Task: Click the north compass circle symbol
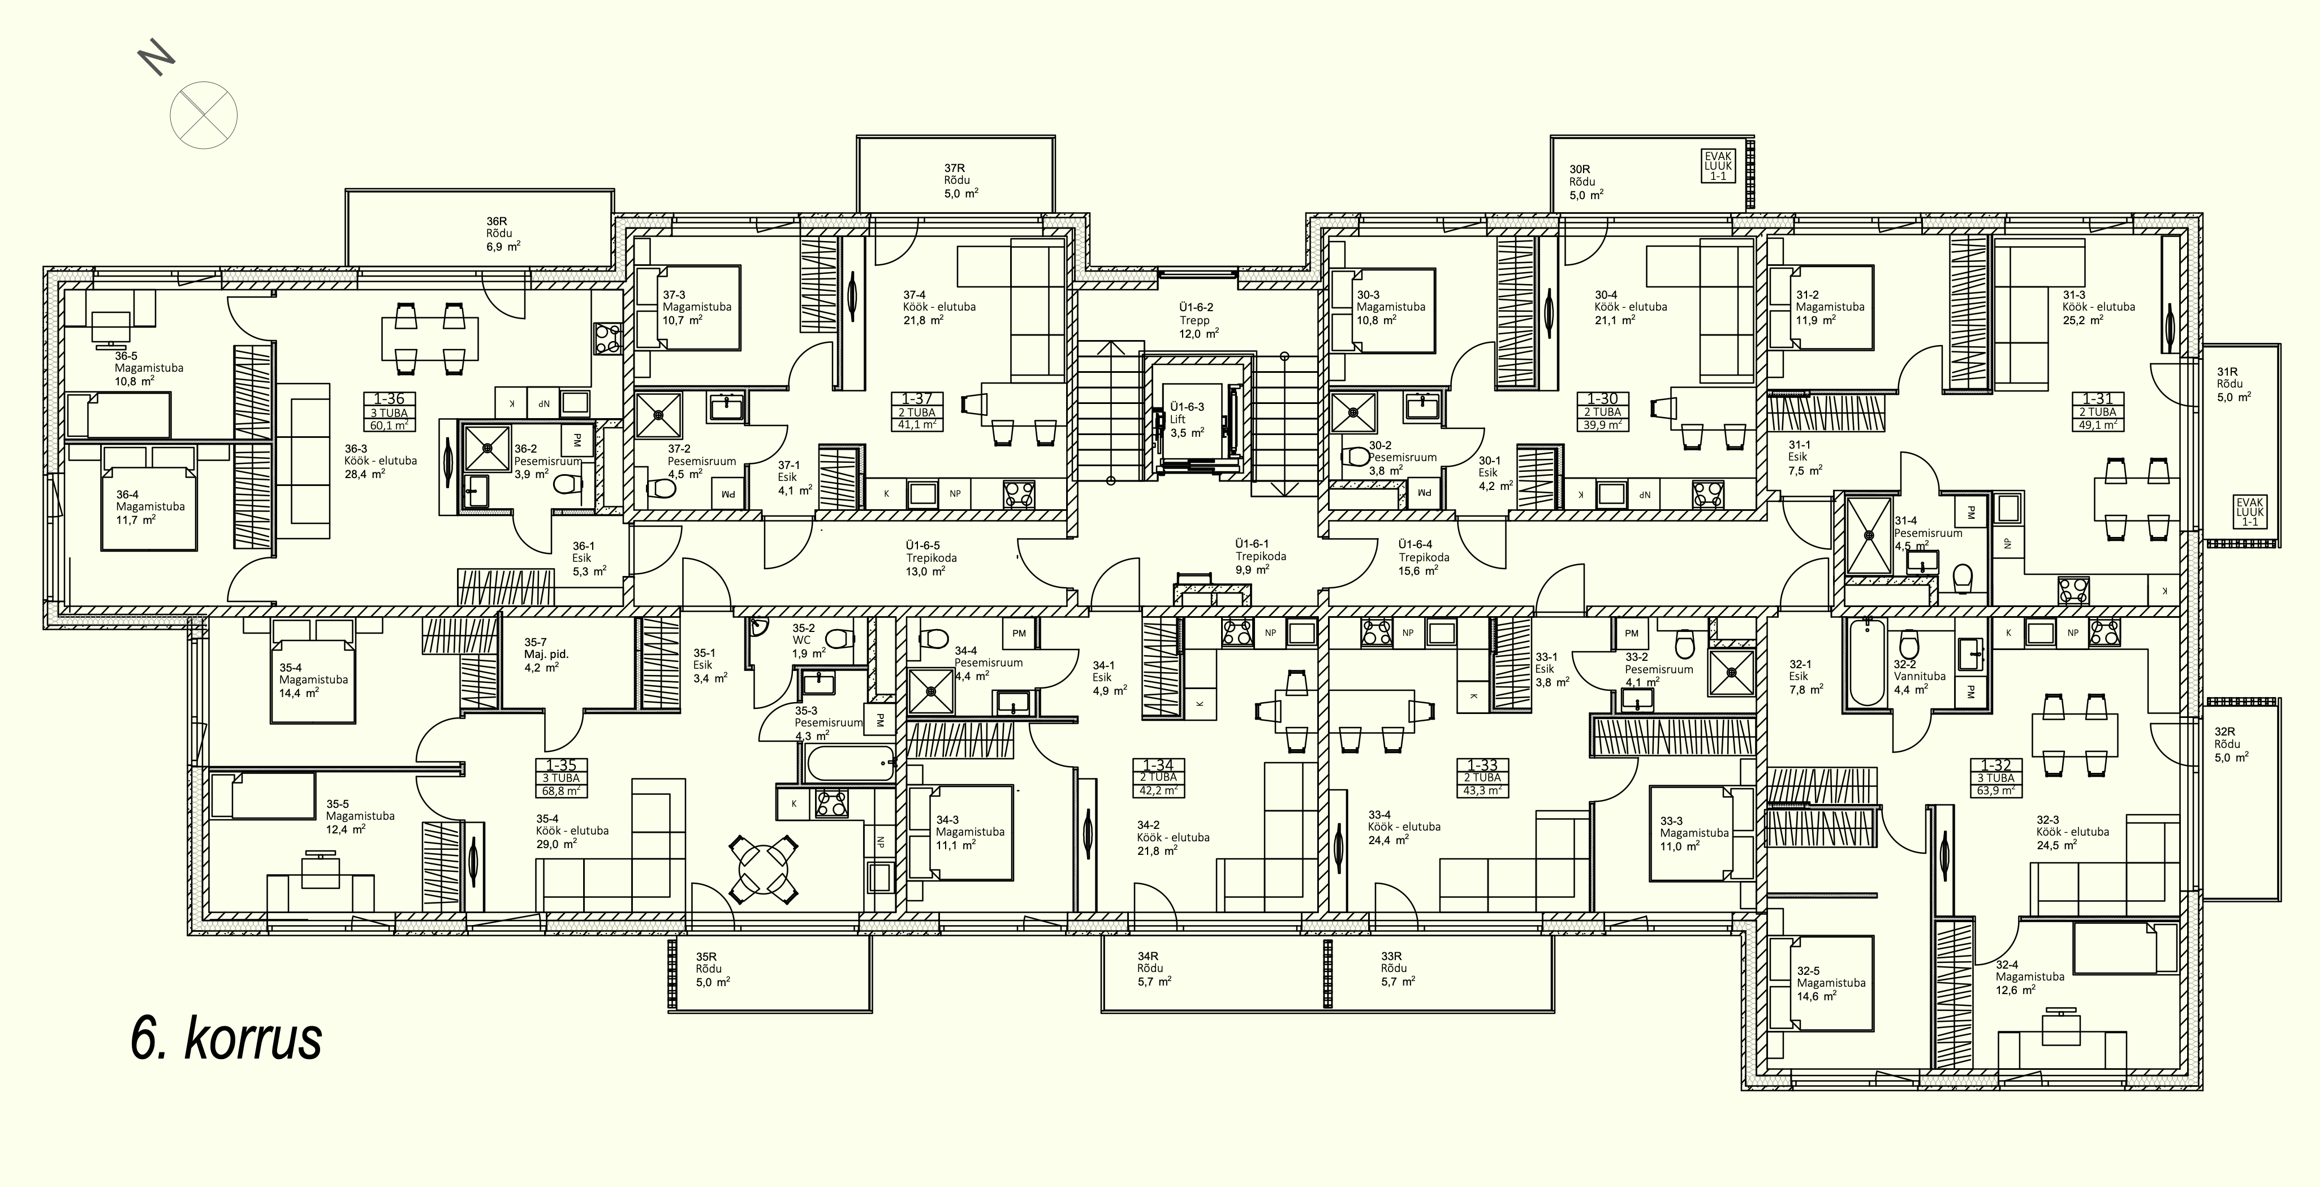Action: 204,114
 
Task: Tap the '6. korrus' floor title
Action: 226,1038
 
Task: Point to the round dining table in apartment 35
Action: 764,869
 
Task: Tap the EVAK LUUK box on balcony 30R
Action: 1718,166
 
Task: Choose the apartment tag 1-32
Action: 1995,778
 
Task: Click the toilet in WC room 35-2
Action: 839,639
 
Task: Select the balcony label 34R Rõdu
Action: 1149,962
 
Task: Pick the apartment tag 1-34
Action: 1158,777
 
